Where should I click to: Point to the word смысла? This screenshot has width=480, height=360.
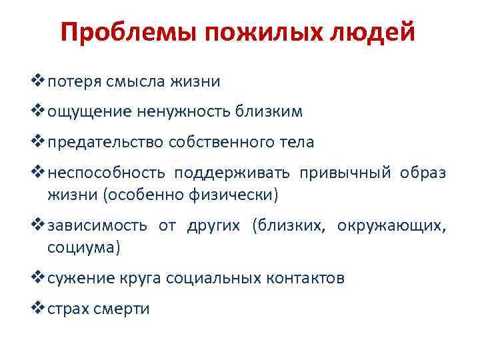pyautogui.click(x=136, y=82)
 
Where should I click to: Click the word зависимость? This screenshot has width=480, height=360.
pyautogui.click(x=97, y=226)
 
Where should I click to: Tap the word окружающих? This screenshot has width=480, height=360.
pyautogui.click(x=391, y=226)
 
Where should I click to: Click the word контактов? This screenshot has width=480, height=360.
pyautogui.click(x=306, y=279)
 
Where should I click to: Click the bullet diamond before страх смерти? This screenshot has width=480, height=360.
pyautogui.click(x=39, y=309)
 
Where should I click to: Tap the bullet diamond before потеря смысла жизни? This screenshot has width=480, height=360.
pyautogui.click(x=39, y=81)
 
